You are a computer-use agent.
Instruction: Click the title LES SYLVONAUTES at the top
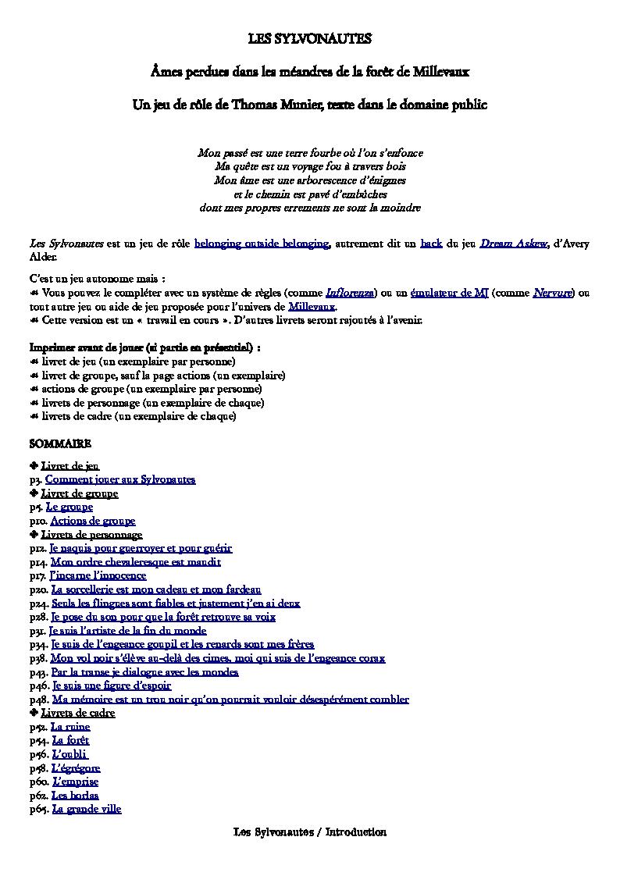pos(310,38)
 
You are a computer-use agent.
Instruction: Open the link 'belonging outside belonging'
pos(262,244)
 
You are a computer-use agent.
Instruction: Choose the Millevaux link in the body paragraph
pos(312,307)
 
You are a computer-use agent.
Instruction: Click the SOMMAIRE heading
pos(60,443)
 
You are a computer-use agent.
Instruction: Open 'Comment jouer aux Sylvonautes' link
pos(120,479)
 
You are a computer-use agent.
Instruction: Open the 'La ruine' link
pos(71,727)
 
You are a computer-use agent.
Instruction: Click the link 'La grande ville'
pos(87,809)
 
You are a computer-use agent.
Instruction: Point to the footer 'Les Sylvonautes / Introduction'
pos(310,832)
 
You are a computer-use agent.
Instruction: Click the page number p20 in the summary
pos(39,589)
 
